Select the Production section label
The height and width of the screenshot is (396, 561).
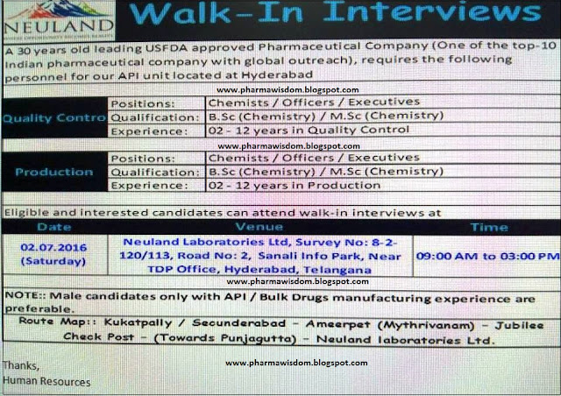pyautogui.click(x=54, y=172)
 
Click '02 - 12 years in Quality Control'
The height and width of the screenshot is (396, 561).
pyautogui.click(x=304, y=130)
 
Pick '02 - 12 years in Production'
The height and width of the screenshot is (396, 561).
pyautogui.click(x=290, y=186)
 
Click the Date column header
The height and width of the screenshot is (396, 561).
pyautogui.click(x=53, y=226)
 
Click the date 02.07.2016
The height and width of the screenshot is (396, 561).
pyautogui.click(x=53, y=247)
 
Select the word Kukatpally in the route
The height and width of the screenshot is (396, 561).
pyautogui.click(x=143, y=322)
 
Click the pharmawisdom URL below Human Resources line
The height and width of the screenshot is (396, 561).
pyautogui.click(x=296, y=362)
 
